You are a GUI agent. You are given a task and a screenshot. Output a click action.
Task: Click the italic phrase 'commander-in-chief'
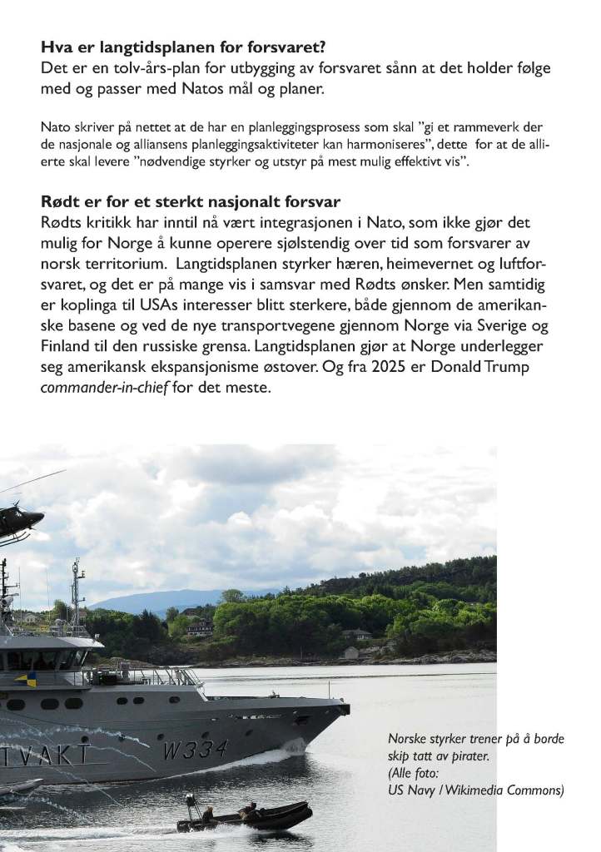104,387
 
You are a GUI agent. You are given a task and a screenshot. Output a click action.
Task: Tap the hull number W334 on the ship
195,750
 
